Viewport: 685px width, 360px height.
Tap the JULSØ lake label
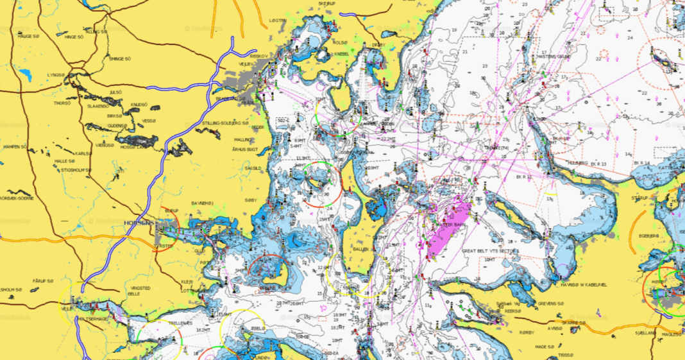click(x=115, y=92)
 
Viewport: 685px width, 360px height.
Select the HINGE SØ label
click(x=28, y=37)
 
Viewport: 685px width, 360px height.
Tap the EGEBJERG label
click(x=648, y=236)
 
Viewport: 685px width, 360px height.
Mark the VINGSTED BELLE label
click(x=139, y=291)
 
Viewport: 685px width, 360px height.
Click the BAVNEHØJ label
click(x=201, y=204)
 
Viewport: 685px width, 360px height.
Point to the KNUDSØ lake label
click(x=139, y=104)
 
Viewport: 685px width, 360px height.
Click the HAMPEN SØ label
click(x=15, y=147)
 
